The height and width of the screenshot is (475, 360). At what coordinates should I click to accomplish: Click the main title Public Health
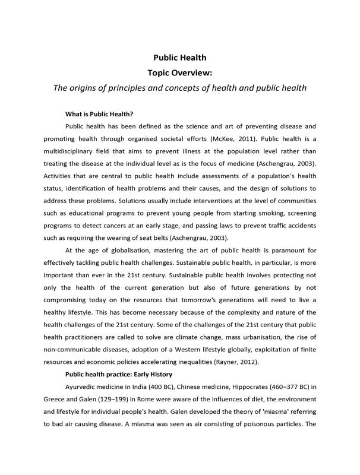(180, 58)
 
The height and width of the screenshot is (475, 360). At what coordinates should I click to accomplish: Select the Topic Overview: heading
(180, 73)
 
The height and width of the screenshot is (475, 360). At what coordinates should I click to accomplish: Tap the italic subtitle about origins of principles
(180, 88)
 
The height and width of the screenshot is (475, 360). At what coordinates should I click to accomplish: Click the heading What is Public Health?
(99, 113)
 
